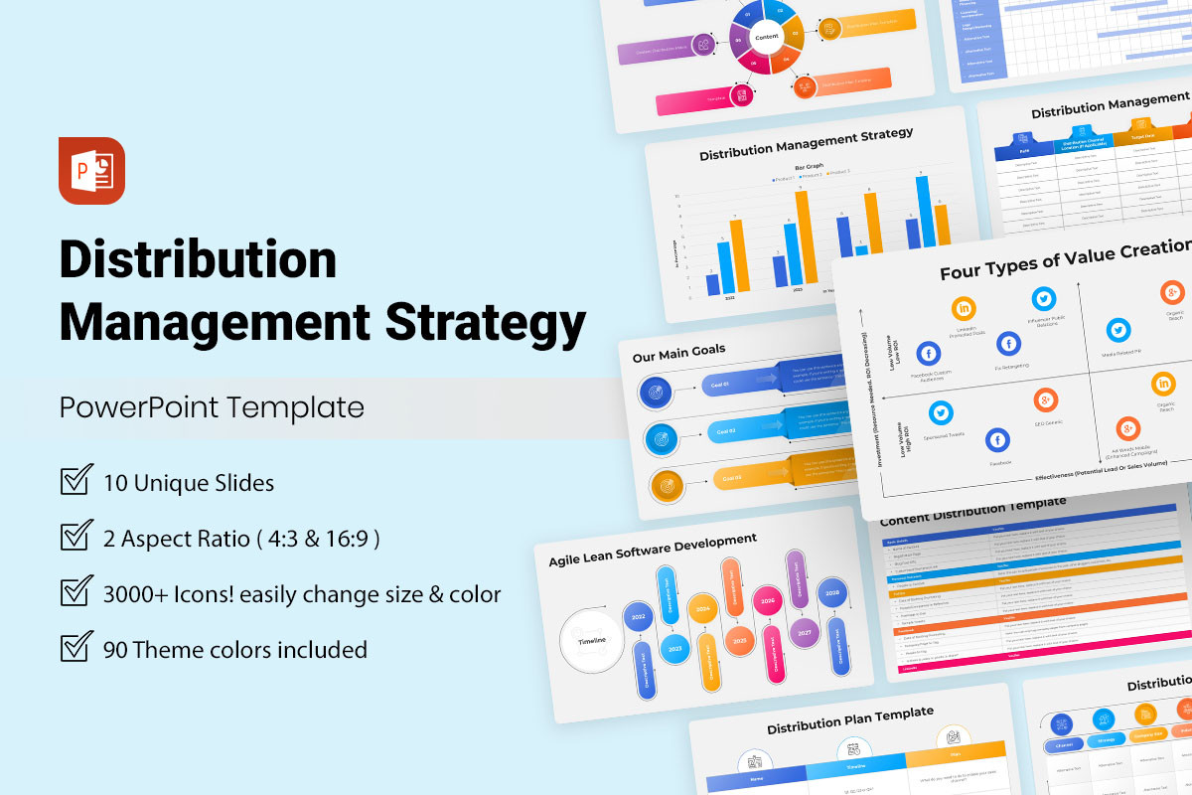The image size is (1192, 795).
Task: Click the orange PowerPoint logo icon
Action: pyautogui.click(x=91, y=171)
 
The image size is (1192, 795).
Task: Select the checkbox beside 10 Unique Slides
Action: pyautogui.click(x=76, y=482)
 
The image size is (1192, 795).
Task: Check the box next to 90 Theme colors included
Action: pyautogui.click(x=76, y=648)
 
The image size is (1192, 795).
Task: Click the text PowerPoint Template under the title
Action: pyautogui.click(x=211, y=407)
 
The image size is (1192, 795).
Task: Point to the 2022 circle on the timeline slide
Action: pyautogui.click(x=638, y=618)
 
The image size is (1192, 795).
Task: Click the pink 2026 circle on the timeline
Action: pyautogui.click(x=767, y=600)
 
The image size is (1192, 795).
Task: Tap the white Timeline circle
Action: pyautogui.click(x=592, y=640)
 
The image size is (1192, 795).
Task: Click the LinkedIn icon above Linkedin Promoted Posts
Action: pyautogui.click(x=964, y=309)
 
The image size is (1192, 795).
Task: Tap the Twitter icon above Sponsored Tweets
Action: pyautogui.click(x=941, y=412)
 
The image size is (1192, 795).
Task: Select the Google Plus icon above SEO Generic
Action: pyautogui.click(x=1044, y=400)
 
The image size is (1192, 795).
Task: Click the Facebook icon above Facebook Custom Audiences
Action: pyautogui.click(x=929, y=353)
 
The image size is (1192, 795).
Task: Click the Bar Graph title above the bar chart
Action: pyautogui.click(x=810, y=166)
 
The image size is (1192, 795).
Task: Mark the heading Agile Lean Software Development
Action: pyautogui.click(x=653, y=549)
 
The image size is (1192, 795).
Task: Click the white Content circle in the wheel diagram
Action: pyautogui.click(x=767, y=37)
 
